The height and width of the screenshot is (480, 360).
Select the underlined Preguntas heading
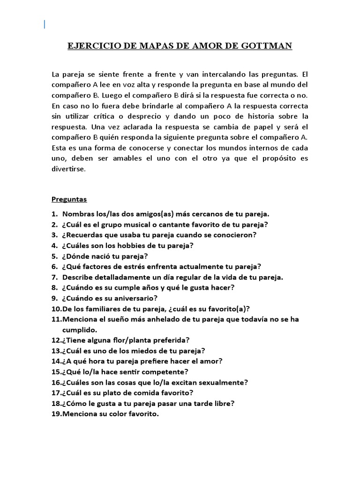[69, 199]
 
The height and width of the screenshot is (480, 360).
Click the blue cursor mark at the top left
[45, 24]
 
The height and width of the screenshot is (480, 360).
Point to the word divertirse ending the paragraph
[69, 170]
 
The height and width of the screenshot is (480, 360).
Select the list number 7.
[54, 277]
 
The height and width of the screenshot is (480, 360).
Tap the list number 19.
[56, 414]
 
